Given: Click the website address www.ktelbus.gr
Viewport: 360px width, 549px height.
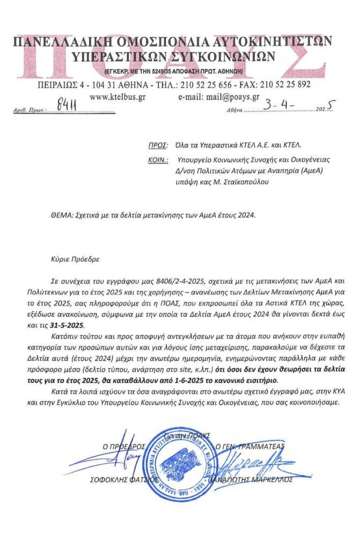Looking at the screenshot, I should pyautogui.click(x=115, y=97).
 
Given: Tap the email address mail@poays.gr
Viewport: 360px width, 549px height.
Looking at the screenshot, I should pyautogui.click(x=218, y=97).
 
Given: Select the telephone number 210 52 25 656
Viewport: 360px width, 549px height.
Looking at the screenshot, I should pyautogui.click(x=197, y=84).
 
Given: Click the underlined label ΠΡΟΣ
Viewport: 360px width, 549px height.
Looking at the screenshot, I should pyautogui.click(x=157, y=145).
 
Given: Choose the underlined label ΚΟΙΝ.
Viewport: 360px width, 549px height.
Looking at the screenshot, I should pyautogui.click(x=157, y=160).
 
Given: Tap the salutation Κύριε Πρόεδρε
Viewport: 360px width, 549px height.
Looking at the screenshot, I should pyautogui.click(x=72, y=258).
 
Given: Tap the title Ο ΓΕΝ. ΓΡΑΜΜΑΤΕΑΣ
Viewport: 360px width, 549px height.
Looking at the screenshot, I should pyautogui.click(x=249, y=446).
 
